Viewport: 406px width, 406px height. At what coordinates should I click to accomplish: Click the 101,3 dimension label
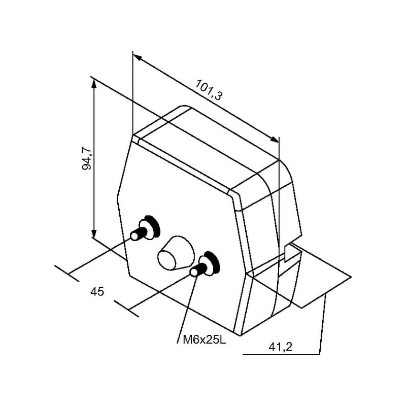pyautogui.click(x=209, y=90)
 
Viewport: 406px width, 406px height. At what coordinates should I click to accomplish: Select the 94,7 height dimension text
pyautogui.click(x=86, y=158)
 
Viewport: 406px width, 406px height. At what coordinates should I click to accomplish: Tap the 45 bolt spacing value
pyautogui.click(x=97, y=292)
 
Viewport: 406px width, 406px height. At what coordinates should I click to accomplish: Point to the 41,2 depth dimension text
pyautogui.click(x=281, y=347)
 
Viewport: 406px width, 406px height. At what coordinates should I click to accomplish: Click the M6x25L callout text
pyautogui.click(x=205, y=340)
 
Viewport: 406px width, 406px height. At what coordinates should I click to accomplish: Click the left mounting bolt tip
pyautogui.click(x=134, y=236)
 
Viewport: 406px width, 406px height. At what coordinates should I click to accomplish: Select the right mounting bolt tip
pyautogui.click(x=194, y=272)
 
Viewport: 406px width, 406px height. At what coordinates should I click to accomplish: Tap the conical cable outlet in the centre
pyautogui.click(x=176, y=253)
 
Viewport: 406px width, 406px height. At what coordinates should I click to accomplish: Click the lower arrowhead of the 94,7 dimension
pyautogui.click(x=94, y=232)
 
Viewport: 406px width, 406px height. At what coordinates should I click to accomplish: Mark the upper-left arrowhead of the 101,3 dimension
pyautogui.click(x=138, y=58)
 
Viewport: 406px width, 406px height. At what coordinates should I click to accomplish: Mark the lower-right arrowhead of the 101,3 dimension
pyautogui.click(x=274, y=140)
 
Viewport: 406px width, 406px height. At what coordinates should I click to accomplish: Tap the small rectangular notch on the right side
pyautogui.click(x=288, y=254)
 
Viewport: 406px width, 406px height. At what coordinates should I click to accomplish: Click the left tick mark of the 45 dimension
pyautogui.click(x=67, y=274)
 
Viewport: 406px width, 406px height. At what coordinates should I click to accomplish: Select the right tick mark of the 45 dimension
pyautogui.click(x=126, y=309)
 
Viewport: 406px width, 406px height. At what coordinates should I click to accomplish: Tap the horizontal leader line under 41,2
pyautogui.click(x=282, y=354)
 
